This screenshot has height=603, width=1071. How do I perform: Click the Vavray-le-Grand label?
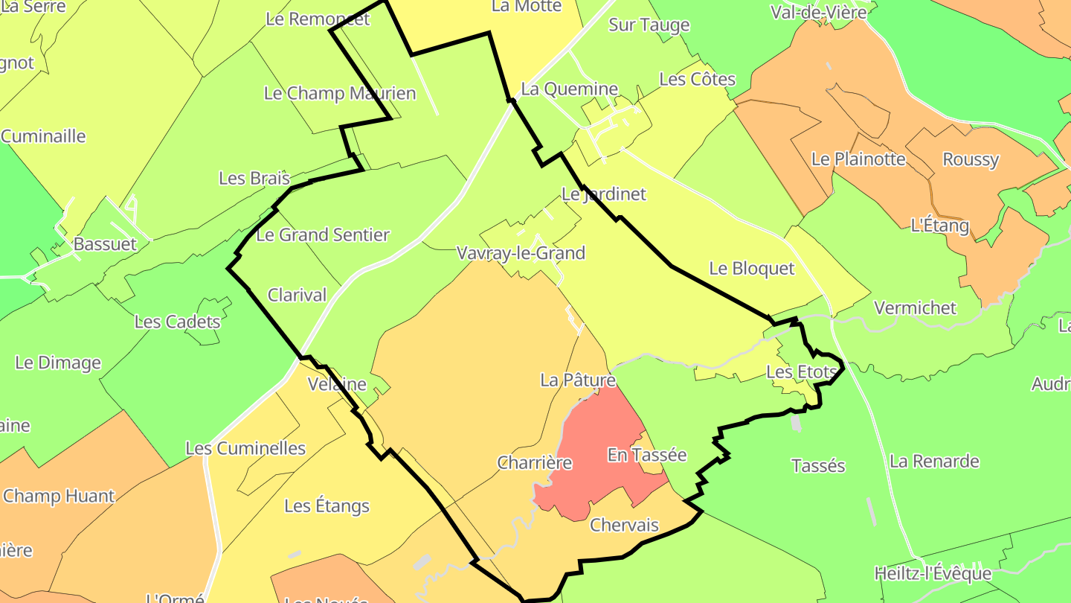521,253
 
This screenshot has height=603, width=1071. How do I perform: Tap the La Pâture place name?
578,380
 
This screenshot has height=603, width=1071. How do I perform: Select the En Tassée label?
646,454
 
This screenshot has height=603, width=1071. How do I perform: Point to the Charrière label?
534,462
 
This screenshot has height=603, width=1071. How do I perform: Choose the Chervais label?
624,525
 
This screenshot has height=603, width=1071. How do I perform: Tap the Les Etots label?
802,371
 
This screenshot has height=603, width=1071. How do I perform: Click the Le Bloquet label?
752,268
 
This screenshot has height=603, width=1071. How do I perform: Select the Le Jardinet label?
603,194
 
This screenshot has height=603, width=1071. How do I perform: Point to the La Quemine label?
569,89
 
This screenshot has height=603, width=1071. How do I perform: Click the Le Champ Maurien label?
340,93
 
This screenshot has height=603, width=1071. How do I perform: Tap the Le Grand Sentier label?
322,234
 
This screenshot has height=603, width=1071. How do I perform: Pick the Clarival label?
297,295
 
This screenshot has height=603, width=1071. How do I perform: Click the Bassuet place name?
105,243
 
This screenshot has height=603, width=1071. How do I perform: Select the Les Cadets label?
177,322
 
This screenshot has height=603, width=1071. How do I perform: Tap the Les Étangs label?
327,506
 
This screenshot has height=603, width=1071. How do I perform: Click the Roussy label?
970,159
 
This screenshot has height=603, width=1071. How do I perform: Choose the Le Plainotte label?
858,159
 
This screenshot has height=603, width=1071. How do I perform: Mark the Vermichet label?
915,307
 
